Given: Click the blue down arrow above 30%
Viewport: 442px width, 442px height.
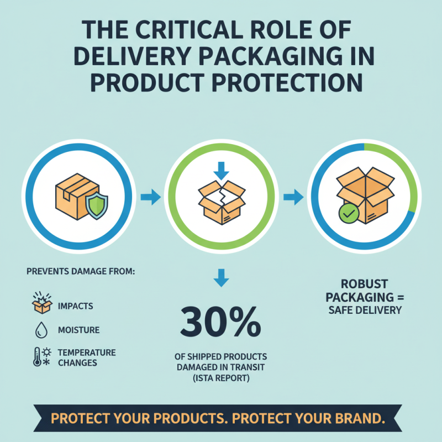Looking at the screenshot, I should coord(221,277).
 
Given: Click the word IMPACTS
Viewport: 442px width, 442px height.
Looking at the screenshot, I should coord(75,306).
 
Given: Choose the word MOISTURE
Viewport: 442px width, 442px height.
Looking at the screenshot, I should coord(78,330).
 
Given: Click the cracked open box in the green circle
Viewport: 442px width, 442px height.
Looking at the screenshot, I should coord(221,201).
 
